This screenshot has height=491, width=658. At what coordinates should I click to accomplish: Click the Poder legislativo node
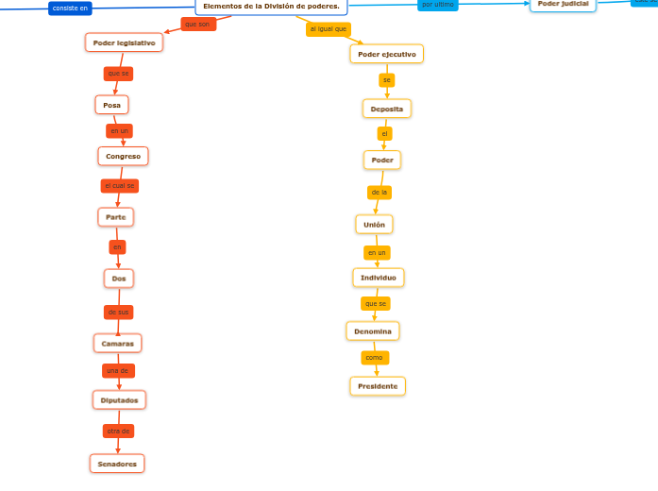124,42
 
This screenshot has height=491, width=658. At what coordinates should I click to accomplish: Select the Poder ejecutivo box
386,54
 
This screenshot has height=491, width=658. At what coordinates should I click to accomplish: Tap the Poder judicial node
563,4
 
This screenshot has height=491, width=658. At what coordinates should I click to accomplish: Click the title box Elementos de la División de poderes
271,6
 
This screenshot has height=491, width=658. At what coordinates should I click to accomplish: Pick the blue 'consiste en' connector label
71,8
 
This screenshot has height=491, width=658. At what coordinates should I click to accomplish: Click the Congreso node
123,156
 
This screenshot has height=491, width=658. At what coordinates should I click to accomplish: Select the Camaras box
117,343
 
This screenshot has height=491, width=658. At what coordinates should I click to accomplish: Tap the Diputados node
119,400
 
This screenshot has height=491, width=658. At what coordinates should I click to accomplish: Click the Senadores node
117,464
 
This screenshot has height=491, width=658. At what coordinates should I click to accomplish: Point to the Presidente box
378,386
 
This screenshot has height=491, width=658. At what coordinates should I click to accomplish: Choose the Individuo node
379,278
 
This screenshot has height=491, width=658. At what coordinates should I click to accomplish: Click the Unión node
374,224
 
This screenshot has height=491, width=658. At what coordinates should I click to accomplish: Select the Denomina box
373,331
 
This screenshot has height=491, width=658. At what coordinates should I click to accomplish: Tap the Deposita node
386,109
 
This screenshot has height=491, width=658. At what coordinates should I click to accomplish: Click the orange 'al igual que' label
329,29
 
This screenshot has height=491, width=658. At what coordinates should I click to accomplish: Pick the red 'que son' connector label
197,24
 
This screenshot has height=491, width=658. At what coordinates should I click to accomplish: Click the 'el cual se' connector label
120,186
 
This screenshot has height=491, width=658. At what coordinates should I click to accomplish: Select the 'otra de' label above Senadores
118,431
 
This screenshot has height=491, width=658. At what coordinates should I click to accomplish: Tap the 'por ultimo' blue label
437,5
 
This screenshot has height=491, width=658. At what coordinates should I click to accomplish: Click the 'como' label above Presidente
375,358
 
